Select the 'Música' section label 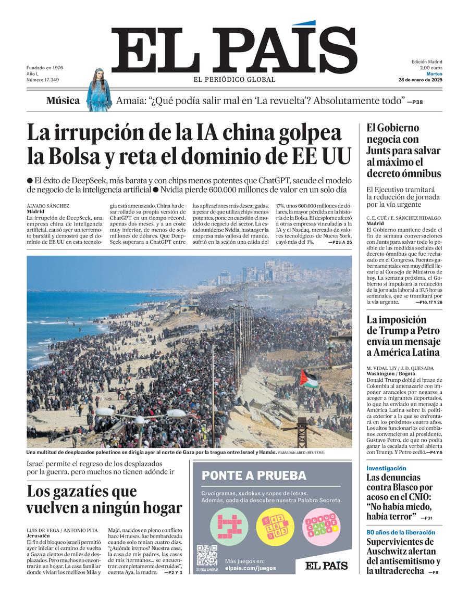point(63,101)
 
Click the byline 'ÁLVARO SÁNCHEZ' point(47,206)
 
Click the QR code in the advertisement point(207,555)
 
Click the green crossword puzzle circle point(229,526)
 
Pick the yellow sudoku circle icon point(275,526)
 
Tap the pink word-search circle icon point(320,526)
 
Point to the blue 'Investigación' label point(386,468)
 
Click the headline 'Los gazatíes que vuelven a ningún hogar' point(104,499)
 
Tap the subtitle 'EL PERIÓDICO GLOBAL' point(234,80)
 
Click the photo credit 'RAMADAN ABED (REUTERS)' point(301,453)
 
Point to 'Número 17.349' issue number point(43,80)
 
